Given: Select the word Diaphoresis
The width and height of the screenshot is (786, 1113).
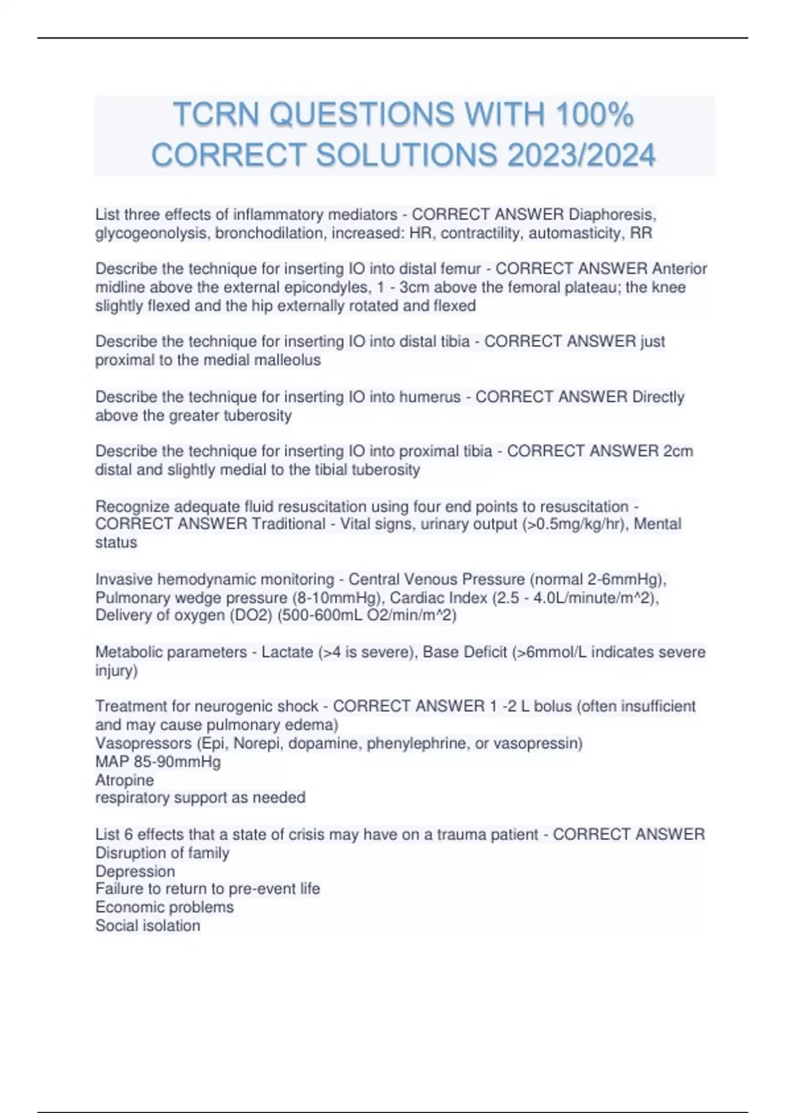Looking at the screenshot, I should tap(612, 215).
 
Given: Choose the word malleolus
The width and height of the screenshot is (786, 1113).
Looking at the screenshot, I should tap(288, 360).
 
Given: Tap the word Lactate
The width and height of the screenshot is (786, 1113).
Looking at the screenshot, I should tap(287, 652).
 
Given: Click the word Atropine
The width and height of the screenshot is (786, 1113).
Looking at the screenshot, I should tap(124, 780).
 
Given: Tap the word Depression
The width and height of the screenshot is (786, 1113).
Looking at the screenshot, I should tap(135, 871).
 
